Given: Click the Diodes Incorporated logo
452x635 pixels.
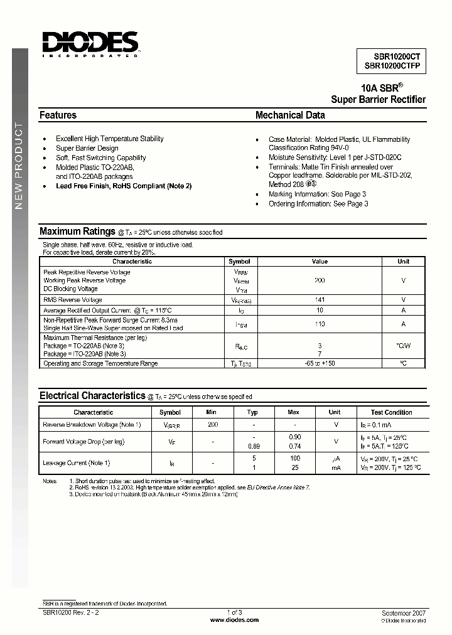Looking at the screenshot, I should pyautogui.click(x=90, y=43).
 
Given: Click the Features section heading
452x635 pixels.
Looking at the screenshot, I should pyautogui.click(x=58, y=115).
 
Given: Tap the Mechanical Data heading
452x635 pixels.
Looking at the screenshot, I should pyautogui.click(x=290, y=115).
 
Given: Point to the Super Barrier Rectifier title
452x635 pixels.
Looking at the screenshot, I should pyautogui.click(x=378, y=100).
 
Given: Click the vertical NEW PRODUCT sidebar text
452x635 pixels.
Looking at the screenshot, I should pyautogui.click(x=19, y=166).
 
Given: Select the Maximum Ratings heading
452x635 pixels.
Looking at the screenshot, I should pyautogui.click(x=77, y=232).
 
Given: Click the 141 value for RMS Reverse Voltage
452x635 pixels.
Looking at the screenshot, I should pyautogui.click(x=320, y=300).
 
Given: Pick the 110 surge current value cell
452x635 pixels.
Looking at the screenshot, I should pyautogui.click(x=320, y=324).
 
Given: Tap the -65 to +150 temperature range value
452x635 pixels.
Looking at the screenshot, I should pyautogui.click(x=320, y=363).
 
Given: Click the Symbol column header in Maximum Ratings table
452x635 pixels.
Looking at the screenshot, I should pyautogui.click(x=239, y=262).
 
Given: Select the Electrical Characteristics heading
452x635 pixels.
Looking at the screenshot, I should pyautogui.click(x=92, y=396).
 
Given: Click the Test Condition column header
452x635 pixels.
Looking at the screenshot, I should pyautogui.click(x=391, y=412).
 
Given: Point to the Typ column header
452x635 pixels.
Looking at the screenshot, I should pyautogui.click(x=252, y=412).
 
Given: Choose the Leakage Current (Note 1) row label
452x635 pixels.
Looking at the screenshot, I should pyautogui.click(x=77, y=463).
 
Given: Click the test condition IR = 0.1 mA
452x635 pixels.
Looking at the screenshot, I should pyautogui.click(x=376, y=425).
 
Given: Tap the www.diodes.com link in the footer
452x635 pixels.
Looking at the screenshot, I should pyautogui.click(x=234, y=620).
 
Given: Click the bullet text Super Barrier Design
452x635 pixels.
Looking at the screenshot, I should pyautogui.click(x=87, y=148).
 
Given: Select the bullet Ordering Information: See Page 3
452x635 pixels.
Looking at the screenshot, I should pyautogui.click(x=318, y=204).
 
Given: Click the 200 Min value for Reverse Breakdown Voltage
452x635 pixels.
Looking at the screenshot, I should pyautogui.click(x=213, y=425).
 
